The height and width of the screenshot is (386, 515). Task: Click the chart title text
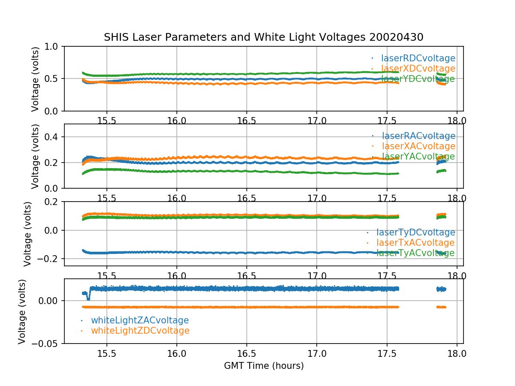coord(264,37)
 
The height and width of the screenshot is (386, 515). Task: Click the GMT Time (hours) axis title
coord(264,366)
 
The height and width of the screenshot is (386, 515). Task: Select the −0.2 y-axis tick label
coord(50,259)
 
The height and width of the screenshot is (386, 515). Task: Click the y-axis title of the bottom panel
coord(22,311)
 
